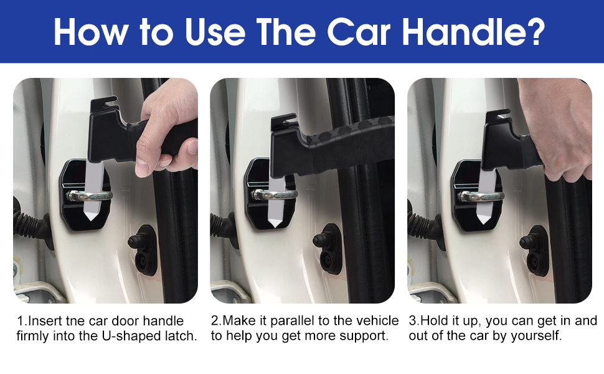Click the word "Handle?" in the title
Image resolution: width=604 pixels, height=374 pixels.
pos(473,32)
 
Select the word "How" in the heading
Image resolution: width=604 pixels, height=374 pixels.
pos(90,32)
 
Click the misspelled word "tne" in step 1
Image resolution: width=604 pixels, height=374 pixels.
pos(75,321)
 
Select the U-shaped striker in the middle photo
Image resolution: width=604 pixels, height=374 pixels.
pos(274,194)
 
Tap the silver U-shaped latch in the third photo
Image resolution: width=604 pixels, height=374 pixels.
pos(481,196)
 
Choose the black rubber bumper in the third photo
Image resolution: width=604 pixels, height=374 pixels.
pos(534,251)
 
